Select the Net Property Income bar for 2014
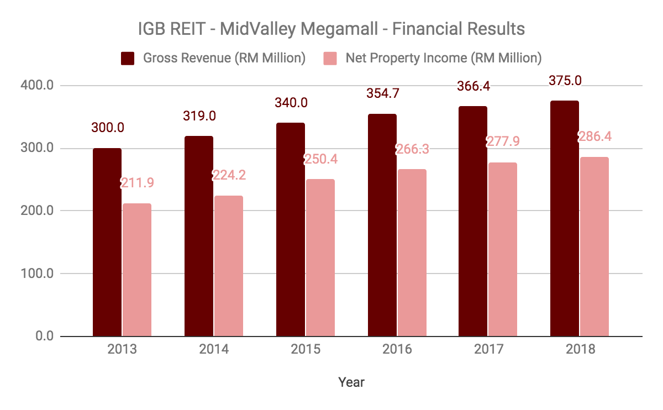point(228,266)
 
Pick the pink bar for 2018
point(594,246)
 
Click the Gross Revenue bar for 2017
point(473,221)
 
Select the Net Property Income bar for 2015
point(320,257)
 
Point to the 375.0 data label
point(565,80)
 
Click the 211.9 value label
point(136,183)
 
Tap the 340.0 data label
point(291,103)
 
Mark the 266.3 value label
point(412,149)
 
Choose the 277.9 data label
point(503,141)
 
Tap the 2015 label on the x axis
point(305,350)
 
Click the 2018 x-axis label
point(580,350)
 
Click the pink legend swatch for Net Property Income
point(330,58)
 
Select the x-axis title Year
point(351,382)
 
